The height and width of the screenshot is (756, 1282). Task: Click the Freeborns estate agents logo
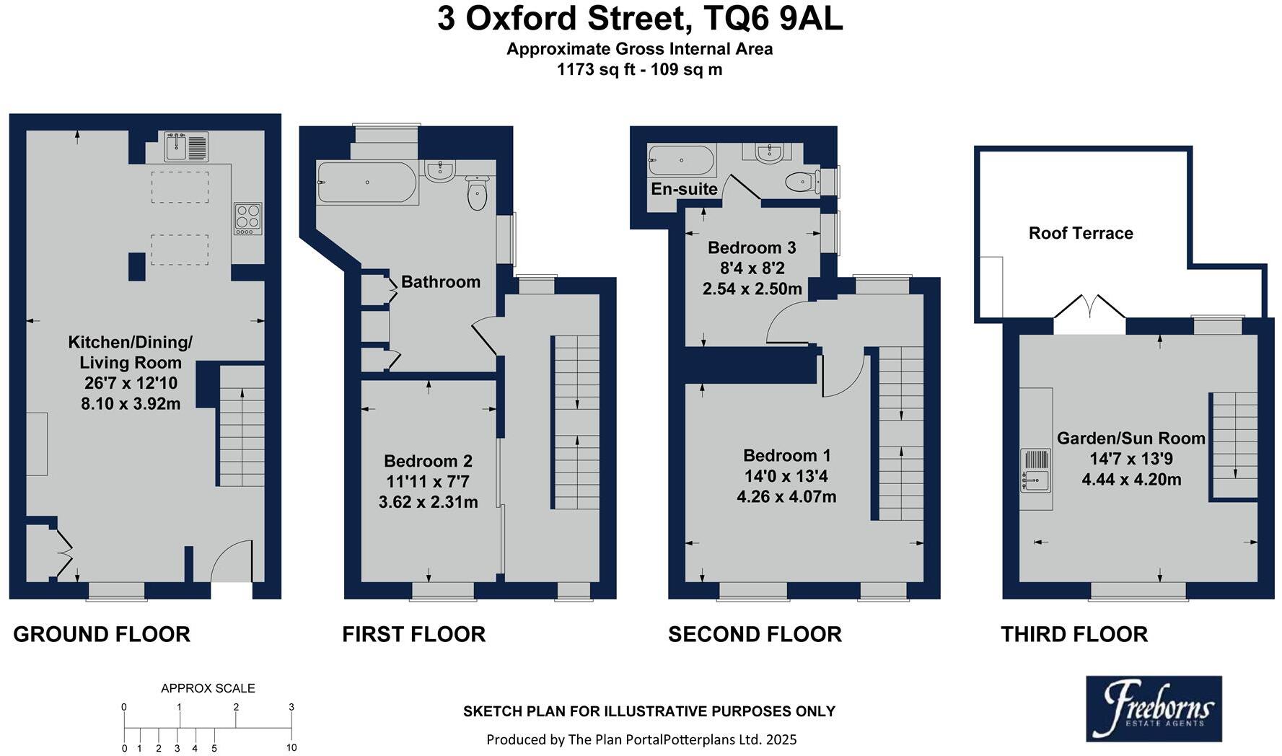(1154, 709)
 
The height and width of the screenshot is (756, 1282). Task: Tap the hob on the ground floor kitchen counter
(247, 218)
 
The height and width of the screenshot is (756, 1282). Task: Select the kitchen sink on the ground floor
(185, 146)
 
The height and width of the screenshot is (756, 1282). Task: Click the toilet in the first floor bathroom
(477, 193)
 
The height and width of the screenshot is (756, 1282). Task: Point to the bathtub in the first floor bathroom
(367, 183)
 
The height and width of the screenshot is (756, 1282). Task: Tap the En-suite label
(684, 189)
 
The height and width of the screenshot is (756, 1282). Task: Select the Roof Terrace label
(1080, 233)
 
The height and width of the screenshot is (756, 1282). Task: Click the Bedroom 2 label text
(428, 461)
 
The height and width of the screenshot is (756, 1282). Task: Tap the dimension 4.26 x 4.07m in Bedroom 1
(786, 496)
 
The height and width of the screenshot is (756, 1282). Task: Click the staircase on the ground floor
(241, 426)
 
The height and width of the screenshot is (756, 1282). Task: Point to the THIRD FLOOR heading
(1074, 634)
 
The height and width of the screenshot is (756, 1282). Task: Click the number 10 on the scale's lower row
(291, 747)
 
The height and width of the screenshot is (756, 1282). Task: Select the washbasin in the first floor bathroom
(439, 170)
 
